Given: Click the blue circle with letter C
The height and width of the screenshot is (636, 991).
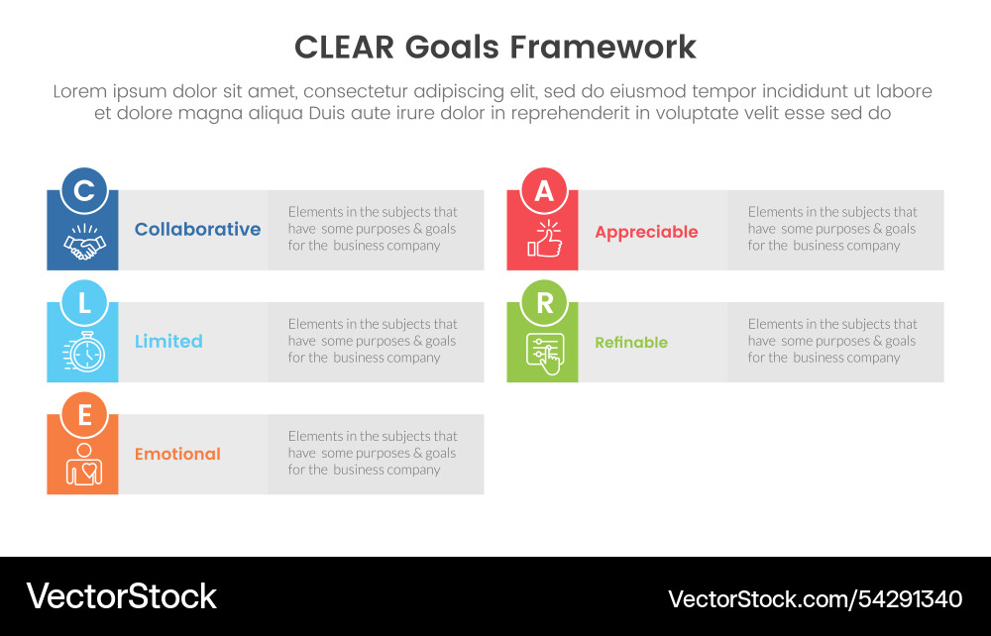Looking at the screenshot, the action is [83, 190].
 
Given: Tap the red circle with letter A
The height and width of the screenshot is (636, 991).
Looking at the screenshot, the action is [543, 190].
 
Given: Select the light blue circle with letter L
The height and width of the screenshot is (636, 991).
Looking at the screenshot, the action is [83, 302].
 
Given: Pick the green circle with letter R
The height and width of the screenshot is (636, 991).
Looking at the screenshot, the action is [543, 302].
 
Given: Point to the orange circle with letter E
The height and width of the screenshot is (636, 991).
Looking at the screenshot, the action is [83, 415].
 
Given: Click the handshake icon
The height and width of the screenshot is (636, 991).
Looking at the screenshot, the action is [84, 242].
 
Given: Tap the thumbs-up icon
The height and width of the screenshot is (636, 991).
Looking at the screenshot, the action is [545, 239].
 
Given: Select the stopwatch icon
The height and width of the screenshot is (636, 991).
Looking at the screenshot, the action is [84, 351].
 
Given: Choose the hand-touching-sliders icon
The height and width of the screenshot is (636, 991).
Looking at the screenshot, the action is [545, 353].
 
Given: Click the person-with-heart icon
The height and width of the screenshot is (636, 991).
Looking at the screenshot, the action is [84, 465].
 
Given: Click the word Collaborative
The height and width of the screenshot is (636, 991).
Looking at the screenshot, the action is [198, 229].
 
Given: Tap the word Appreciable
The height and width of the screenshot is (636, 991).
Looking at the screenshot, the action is [646, 233].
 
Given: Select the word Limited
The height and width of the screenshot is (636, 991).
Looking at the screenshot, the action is [168, 341].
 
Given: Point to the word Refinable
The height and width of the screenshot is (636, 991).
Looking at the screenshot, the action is [630, 343].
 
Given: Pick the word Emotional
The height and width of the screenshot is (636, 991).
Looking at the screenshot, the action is [177, 454].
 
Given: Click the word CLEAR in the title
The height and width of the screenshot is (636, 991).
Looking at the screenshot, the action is [345, 48].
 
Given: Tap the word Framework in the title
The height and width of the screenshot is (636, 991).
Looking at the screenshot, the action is [603, 48].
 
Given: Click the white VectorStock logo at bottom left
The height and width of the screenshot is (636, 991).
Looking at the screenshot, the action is [121, 596].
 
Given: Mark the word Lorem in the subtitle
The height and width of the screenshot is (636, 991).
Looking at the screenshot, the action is [79, 91].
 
